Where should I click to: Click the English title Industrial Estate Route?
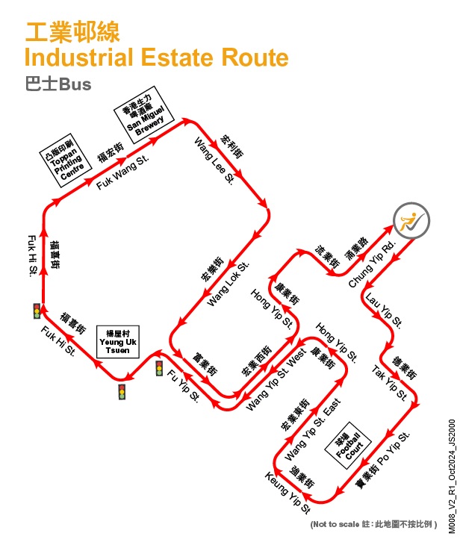pyautogui.click(x=156, y=57)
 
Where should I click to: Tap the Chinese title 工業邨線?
pyautogui.click(x=72, y=32)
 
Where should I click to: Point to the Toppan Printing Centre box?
pyautogui.click(x=66, y=161)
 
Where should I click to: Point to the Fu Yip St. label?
pyautogui.click(x=184, y=385)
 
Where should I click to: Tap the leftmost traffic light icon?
pyautogui.click(x=37, y=311)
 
